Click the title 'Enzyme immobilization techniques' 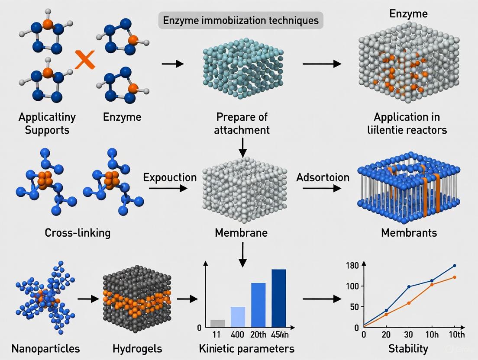[241, 20]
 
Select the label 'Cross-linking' [78, 233]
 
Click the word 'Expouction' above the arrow [170, 177]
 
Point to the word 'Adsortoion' [323, 177]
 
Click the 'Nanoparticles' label [46, 348]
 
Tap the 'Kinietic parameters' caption [246, 348]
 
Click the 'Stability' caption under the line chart [409, 348]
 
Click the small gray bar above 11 [218, 323]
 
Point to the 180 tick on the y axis [353, 265]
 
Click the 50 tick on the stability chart [355, 307]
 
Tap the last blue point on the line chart [454, 265]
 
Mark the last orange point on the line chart [454, 277]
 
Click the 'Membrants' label [409, 233]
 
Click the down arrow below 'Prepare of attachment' [242, 148]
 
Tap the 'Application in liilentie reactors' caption [410, 123]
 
